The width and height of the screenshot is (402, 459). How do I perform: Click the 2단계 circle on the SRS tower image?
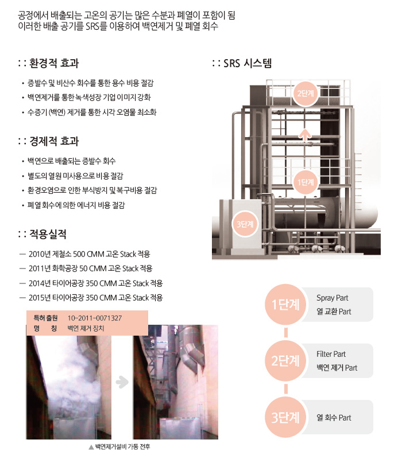[306, 94]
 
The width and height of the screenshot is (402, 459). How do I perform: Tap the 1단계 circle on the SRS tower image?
[306, 182]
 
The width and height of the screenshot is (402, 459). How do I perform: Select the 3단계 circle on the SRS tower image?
[245, 224]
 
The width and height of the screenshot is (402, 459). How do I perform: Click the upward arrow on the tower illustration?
[305, 135]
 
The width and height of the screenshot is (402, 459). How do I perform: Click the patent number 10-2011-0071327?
[95, 318]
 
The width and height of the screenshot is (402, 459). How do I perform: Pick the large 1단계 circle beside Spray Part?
[285, 305]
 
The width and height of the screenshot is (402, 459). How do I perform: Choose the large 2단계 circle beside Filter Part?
[285, 361]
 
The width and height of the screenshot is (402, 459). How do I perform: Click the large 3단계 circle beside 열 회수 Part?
[285, 417]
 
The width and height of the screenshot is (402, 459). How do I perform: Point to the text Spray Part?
[333, 298]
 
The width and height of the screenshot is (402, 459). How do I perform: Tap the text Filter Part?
[331, 354]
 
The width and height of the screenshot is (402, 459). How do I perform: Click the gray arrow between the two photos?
[122, 382]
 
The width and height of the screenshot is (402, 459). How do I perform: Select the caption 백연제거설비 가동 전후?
[122, 447]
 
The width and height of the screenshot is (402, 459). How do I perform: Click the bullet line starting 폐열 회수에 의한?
[76, 205]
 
